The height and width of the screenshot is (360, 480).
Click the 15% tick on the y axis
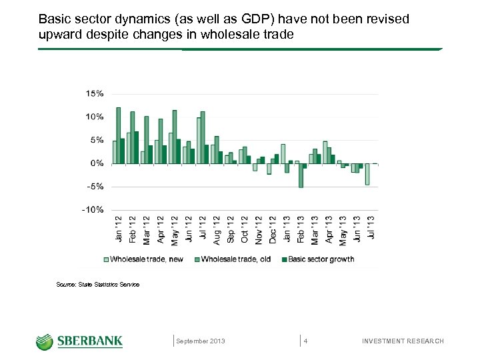pos(95,93)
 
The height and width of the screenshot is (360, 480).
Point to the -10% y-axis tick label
pos(93,209)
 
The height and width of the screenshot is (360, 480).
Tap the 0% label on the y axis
pos(97,163)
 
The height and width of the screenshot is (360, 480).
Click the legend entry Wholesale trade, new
pos(143,259)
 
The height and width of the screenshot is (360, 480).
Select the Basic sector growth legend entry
pos(317,259)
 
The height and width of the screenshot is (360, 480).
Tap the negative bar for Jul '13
pos(367,174)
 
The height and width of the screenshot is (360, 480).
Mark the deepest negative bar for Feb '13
pos(301,175)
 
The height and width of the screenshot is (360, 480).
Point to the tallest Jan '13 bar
pos(283,154)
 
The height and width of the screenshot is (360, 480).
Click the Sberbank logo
pos(79,341)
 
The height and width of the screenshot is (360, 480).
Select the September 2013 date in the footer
pos(200,341)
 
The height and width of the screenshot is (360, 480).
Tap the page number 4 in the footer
pos(305,341)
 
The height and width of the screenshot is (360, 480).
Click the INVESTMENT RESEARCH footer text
pos(402,341)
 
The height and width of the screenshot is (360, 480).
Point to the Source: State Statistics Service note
pos(98,285)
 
